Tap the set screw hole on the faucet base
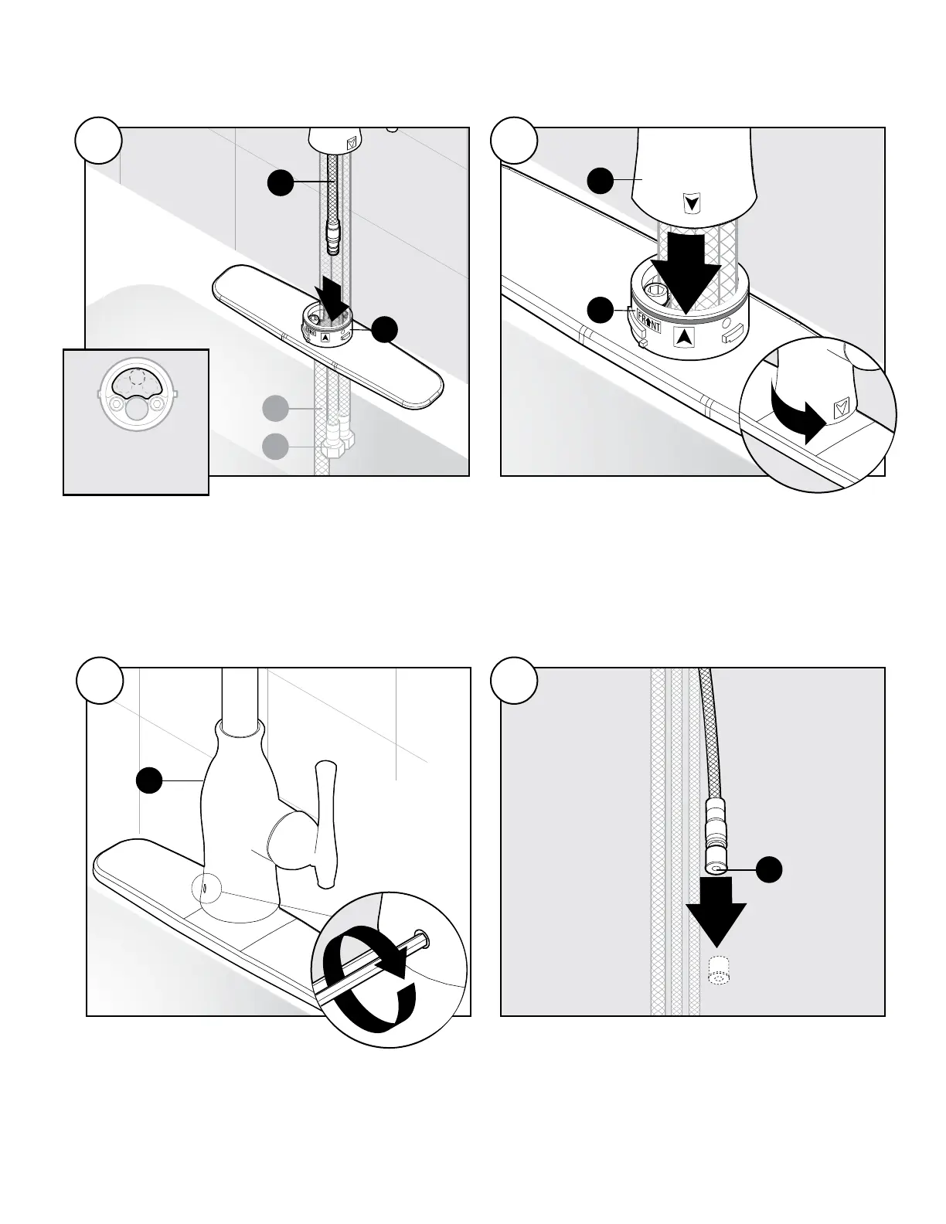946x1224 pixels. pyautogui.click(x=203, y=889)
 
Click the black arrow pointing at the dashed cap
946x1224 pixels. pyautogui.click(x=717, y=918)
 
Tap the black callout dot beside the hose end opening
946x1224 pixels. pyautogui.click(x=769, y=869)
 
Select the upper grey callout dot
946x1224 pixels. pyautogui.click(x=275, y=407)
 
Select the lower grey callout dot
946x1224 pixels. pyautogui.click(x=275, y=447)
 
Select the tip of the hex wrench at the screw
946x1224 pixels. pyautogui.click(x=421, y=937)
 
